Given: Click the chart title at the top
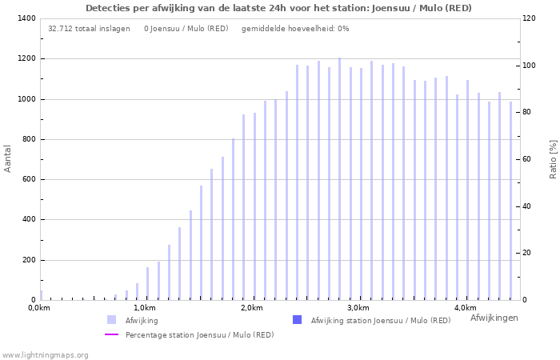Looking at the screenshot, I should click(x=278, y=8).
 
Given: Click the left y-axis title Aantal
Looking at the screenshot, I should click(x=8, y=158).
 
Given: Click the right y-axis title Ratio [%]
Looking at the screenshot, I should click(x=553, y=158).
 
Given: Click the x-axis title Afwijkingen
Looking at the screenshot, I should click(x=494, y=318).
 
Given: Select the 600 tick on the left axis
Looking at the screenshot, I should click(x=27, y=179).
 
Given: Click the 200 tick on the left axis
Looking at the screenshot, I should click(x=27, y=260).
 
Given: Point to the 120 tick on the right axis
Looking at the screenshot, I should click(x=530, y=18).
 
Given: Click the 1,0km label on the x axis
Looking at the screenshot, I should click(x=144, y=308).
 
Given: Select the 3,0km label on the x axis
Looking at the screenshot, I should click(x=358, y=308).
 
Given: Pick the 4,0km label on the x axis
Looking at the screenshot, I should click(x=465, y=308).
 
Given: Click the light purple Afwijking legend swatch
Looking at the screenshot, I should click(x=112, y=320).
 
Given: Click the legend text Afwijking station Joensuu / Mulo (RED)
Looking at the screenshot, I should click(x=380, y=320).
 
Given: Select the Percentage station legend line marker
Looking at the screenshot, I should click(x=112, y=334).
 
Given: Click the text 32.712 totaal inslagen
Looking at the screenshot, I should click(x=89, y=29).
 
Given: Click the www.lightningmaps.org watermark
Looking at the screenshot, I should click(x=46, y=354).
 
